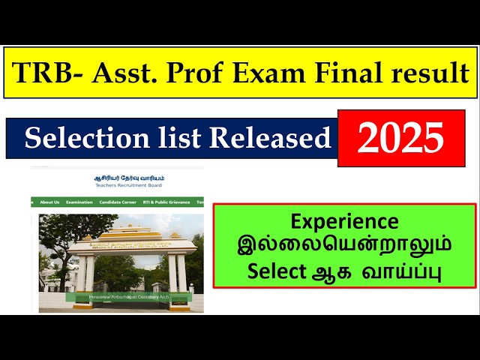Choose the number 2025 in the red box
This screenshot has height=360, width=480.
pyautogui.click(x=400, y=139)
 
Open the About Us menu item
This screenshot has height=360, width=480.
pyautogui.click(x=49, y=202)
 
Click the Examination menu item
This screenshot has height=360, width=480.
pyautogui.click(x=79, y=202)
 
